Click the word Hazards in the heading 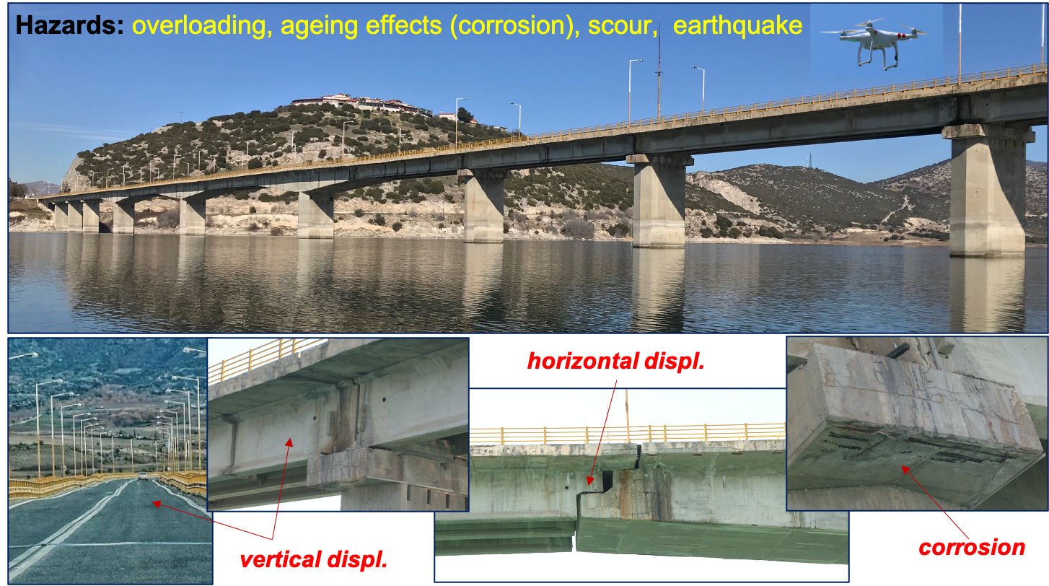[x=70, y=25]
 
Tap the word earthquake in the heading [x=737, y=25]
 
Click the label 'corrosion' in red [x=972, y=548]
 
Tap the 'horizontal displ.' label [x=616, y=361]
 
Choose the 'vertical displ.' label [x=314, y=559]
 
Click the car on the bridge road [x=143, y=476]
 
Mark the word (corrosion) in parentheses [x=514, y=26]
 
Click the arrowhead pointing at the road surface [x=157, y=504]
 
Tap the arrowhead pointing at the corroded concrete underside [x=905, y=470]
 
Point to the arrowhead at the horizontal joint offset [x=590, y=480]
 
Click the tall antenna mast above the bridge [x=659, y=70]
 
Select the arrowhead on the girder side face [x=290, y=442]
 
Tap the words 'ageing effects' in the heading [x=361, y=26]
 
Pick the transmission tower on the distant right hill [x=809, y=159]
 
